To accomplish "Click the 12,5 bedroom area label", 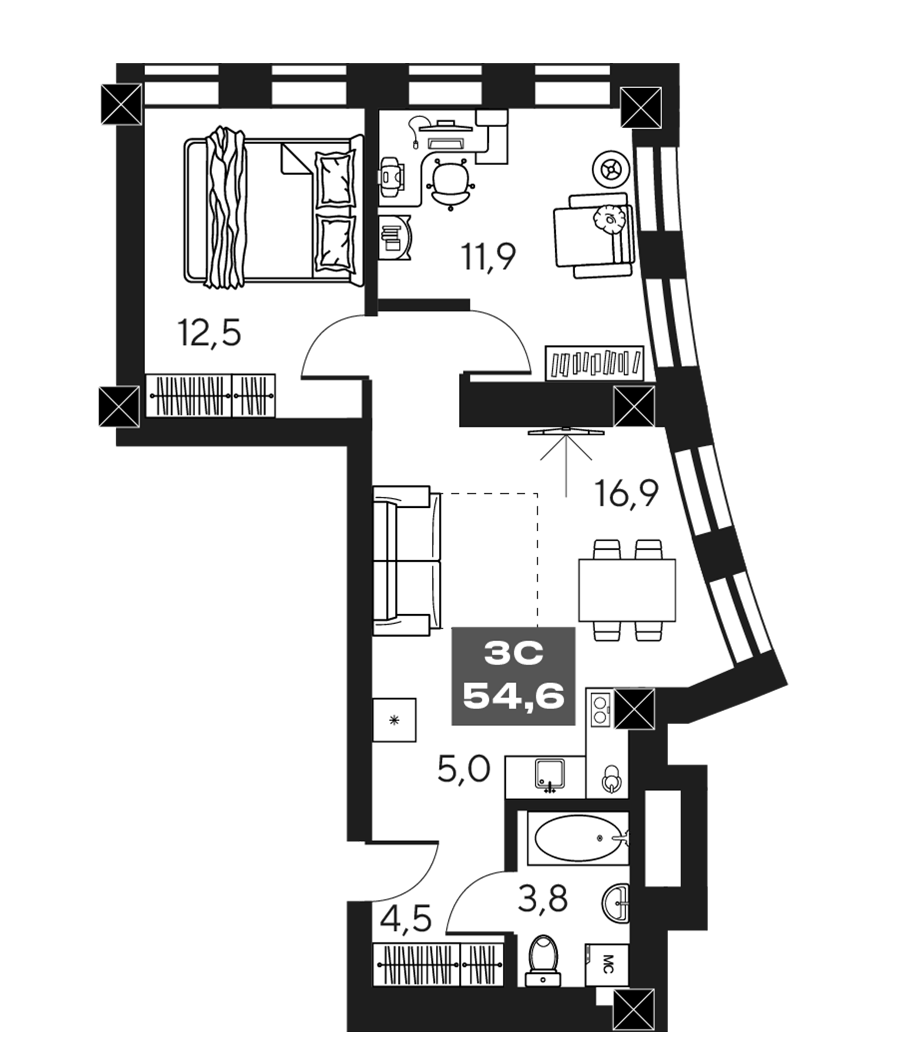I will pyautogui.click(x=210, y=333).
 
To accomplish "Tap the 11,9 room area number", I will pyautogui.click(x=488, y=256).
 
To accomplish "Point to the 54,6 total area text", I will pyautogui.click(x=514, y=697).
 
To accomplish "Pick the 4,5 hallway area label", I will pyautogui.click(x=405, y=918).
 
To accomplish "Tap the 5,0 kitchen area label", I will pyautogui.click(x=464, y=769).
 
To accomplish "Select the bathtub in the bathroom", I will pyautogui.click(x=578, y=838).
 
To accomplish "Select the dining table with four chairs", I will pyautogui.click(x=626, y=590).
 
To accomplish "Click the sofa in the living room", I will pyautogui.click(x=407, y=560).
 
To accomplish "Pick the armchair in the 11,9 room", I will pyautogui.click(x=592, y=235).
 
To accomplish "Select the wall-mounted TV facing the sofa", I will pyautogui.click(x=566, y=432).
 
